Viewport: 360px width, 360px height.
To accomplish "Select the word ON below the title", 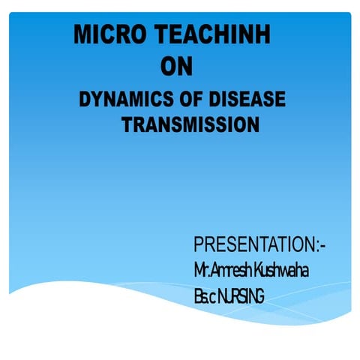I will (177, 68).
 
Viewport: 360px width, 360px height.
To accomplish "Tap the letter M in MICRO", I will (82, 35).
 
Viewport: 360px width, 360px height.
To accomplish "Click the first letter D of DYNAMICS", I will (85, 100).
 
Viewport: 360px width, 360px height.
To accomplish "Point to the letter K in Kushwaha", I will (259, 269).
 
